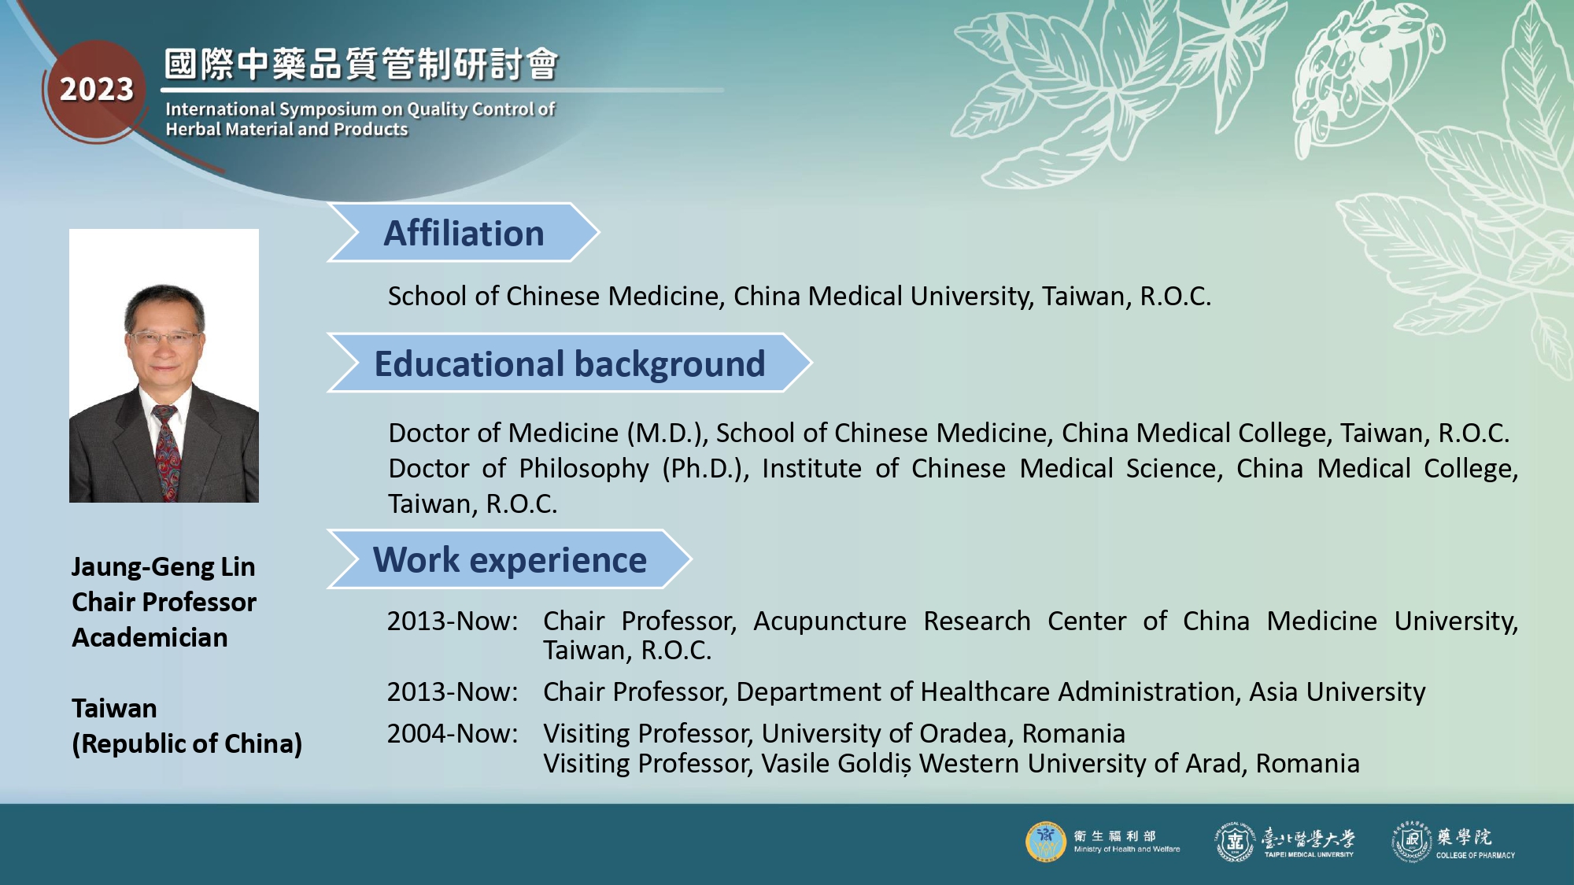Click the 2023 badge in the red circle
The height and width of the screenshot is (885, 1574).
tap(97, 90)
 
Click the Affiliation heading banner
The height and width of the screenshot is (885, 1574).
tap(464, 233)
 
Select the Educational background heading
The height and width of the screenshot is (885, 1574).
tap(570, 363)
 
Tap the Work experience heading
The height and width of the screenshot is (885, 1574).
tap(510, 559)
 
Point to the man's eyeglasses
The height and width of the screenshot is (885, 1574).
tap(164, 339)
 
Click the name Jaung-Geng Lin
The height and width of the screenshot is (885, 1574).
tap(164, 566)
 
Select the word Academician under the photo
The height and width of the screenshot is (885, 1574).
tap(150, 637)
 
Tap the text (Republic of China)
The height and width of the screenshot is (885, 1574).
tap(187, 743)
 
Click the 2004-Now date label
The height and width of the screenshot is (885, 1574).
tap(453, 733)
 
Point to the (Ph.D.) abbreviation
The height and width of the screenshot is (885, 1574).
tap(705, 469)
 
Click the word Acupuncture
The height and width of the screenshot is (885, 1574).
tap(830, 621)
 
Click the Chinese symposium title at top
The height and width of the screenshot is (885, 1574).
tap(361, 65)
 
